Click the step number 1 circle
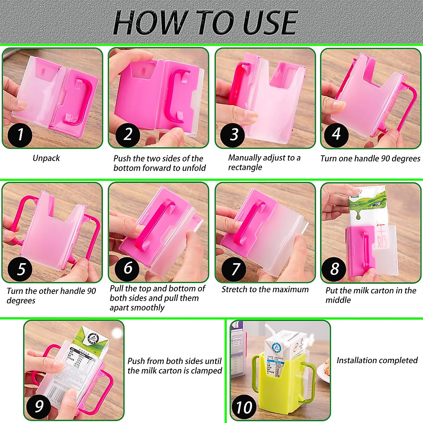pos(20,135)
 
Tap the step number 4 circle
pos(336,134)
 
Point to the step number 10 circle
pos(244,407)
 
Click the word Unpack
pos(46,158)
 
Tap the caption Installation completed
pos(377,360)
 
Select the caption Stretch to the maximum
pos(265,289)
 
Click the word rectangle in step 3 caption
pos(245,167)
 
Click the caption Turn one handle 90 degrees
pos(370,159)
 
